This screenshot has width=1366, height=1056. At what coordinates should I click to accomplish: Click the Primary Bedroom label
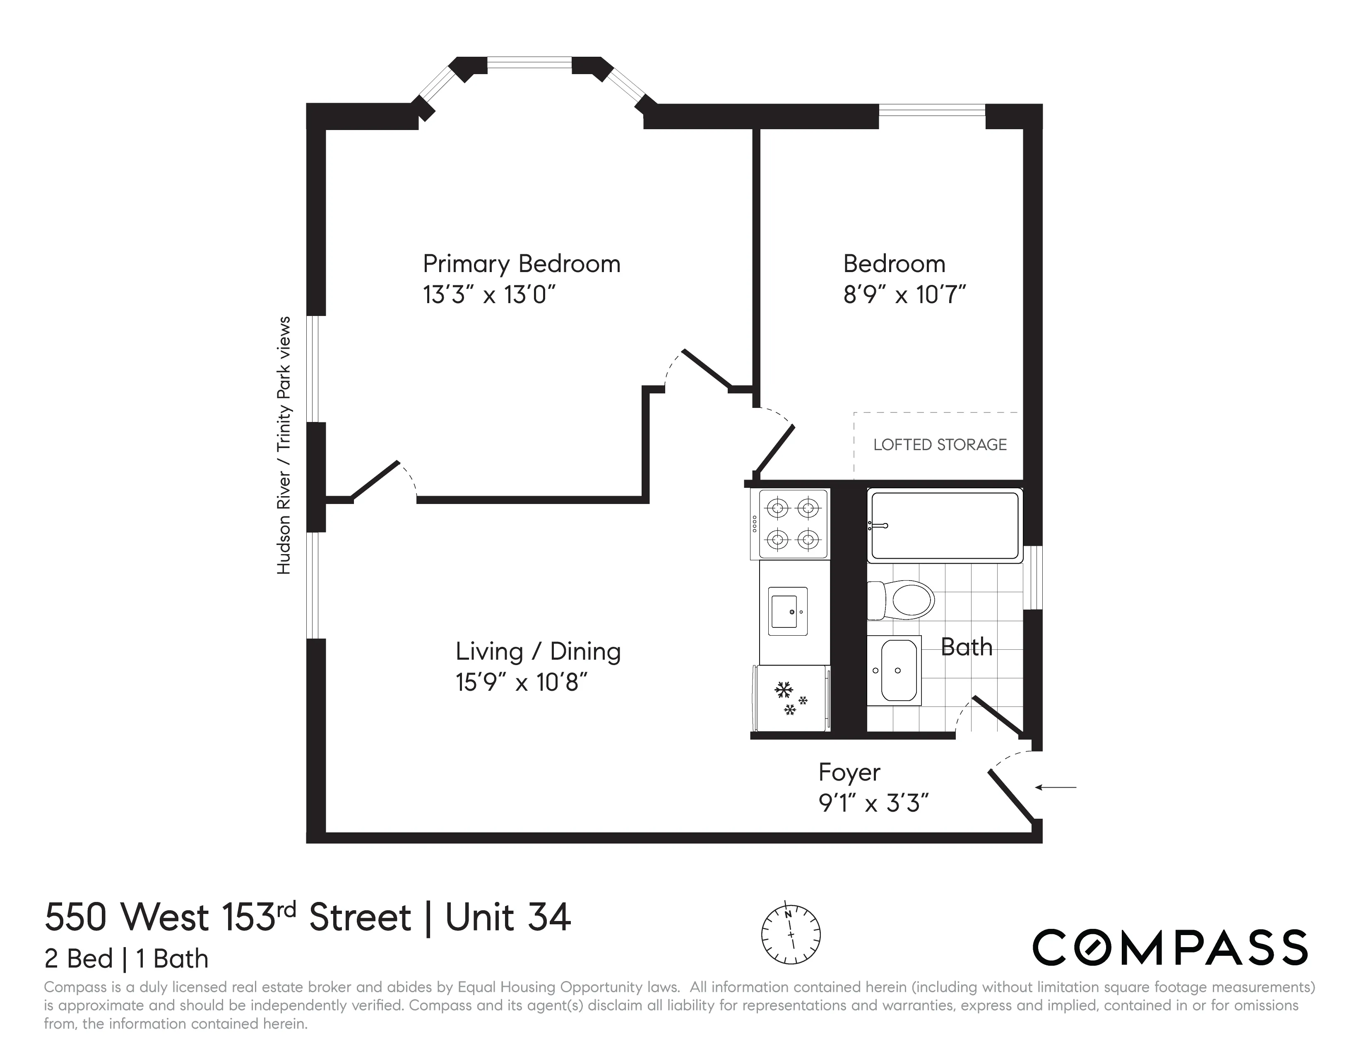521,264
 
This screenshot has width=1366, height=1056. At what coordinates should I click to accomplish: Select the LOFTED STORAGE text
940,445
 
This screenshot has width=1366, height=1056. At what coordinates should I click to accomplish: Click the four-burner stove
792,524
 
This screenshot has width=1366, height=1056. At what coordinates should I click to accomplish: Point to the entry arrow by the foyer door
1056,787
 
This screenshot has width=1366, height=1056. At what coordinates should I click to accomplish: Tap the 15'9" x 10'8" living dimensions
521,682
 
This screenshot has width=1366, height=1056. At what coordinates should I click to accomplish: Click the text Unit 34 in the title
508,918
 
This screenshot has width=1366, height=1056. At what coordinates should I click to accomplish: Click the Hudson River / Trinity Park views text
284,446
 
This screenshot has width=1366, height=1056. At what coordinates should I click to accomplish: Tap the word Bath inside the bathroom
966,647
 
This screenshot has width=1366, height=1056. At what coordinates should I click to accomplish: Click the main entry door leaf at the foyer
1011,795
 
